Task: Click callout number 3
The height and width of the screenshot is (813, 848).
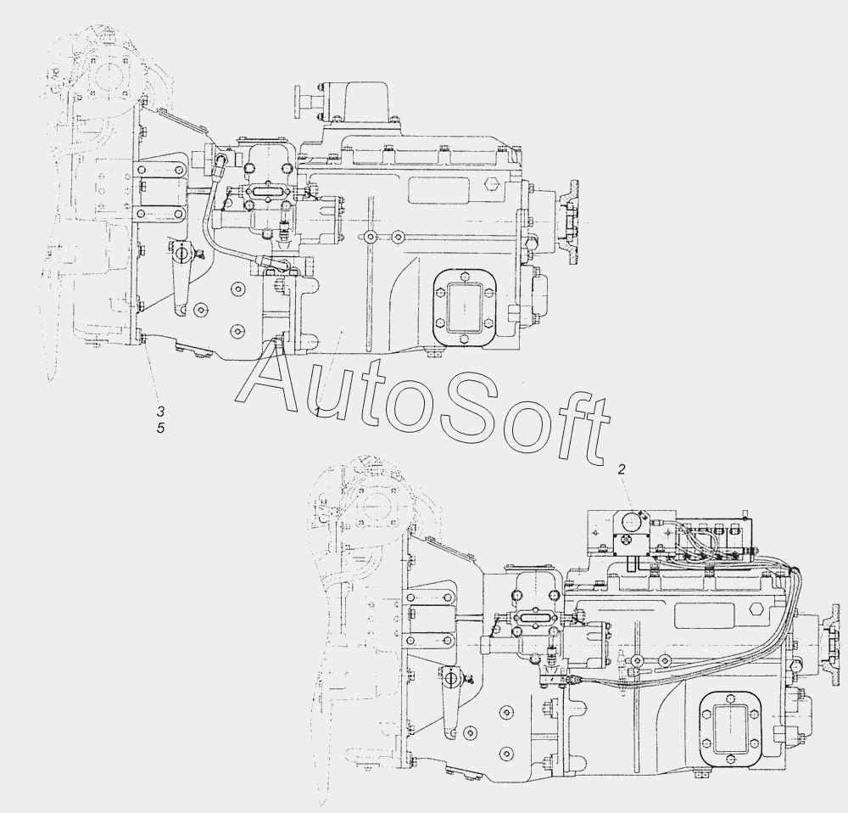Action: (x=160, y=412)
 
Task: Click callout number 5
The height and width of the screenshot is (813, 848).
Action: (x=160, y=429)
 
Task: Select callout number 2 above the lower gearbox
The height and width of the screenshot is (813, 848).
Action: (x=622, y=469)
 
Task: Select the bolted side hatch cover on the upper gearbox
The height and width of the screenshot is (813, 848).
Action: (x=465, y=307)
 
